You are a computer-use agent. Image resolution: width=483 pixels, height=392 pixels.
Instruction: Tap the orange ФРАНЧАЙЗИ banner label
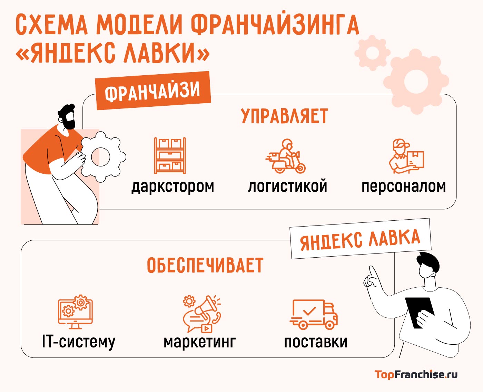[x=152, y=90]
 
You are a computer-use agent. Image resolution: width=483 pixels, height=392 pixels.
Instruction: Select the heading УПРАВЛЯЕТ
[x=285, y=116]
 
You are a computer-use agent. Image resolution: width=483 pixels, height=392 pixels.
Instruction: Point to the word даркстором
[x=173, y=187]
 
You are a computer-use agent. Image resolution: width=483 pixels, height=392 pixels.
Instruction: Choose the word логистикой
[x=287, y=187]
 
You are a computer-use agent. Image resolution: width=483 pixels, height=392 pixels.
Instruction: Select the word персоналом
[x=404, y=187]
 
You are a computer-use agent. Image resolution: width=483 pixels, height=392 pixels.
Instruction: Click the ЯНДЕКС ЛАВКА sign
[x=360, y=239]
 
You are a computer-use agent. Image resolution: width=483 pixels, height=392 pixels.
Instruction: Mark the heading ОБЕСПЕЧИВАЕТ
[x=205, y=266]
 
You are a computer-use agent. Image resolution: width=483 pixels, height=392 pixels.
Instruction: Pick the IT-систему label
[x=79, y=342]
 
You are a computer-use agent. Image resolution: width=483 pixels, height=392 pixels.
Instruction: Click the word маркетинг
[x=200, y=342]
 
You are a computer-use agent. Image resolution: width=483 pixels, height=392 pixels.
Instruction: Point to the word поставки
[x=316, y=342]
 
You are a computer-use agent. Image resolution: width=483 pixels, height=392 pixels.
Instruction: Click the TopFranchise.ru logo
[x=416, y=374]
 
